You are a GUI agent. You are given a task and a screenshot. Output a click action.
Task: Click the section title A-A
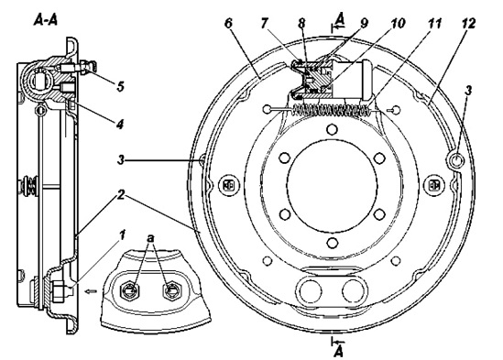pyautogui.click(x=45, y=20)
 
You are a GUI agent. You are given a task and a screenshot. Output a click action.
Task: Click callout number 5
pyautogui.click(x=120, y=86)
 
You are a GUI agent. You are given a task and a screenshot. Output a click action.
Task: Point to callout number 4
pyautogui.click(x=119, y=124)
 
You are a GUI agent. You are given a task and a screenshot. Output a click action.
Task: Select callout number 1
pyautogui.click(x=122, y=235)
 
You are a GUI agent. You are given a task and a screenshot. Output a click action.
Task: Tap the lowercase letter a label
pyautogui.click(x=150, y=238)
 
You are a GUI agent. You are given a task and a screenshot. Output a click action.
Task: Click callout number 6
pyautogui.click(x=228, y=24)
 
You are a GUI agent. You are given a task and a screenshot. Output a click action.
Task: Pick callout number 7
pyautogui.click(x=265, y=24)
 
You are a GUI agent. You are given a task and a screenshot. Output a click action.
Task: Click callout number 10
pyautogui.click(x=397, y=24)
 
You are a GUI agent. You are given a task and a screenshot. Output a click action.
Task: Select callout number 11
pyautogui.click(x=433, y=24)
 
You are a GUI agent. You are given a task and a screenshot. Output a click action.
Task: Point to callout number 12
pyautogui.click(x=468, y=24)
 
